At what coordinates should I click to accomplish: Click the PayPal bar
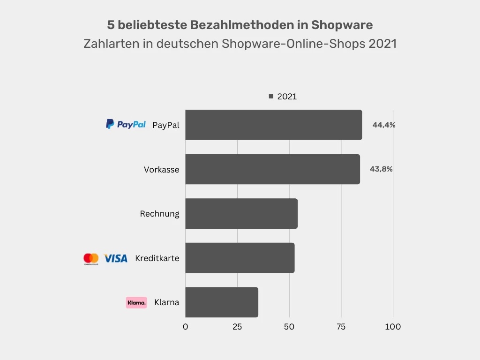pyautogui.click(x=273, y=125)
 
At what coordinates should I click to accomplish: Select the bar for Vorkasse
pyautogui.click(x=272, y=169)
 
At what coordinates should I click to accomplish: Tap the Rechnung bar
pyautogui.click(x=241, y=213)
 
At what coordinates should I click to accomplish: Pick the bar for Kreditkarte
pyautogui.click(x=240, y=258)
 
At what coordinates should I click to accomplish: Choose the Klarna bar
pyautogui.click(x=222, y=302)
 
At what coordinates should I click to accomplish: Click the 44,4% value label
pyautogui.click(x=384, y=125)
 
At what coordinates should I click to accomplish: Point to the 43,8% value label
pyautogui.click(x=381, y=169)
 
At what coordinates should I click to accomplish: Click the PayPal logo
pyautogui.click(x=126, y=124)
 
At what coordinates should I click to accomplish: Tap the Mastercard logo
pyautogui.click(x=91, y=259)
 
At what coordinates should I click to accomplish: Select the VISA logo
pyautogui.click(x=115, y=258)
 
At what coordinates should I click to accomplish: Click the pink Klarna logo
pyautogui.click(x=136, y=302)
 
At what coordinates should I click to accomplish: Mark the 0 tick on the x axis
pyautogui.click(x=185, y=327)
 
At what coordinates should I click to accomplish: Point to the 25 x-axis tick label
pyautogui.click(x=237, y=327)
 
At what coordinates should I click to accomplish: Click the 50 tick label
pyautogui.click(x=289, y=327)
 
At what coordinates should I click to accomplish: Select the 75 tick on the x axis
pyautogui.click(x=341, y=327)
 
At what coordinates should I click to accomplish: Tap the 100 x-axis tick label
pyautogui.click(x=393, y=327)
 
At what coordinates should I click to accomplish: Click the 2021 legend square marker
pyautogui.click(x=271, y=97)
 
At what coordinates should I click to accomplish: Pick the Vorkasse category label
pyautogui.click(x=161, y=170)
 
